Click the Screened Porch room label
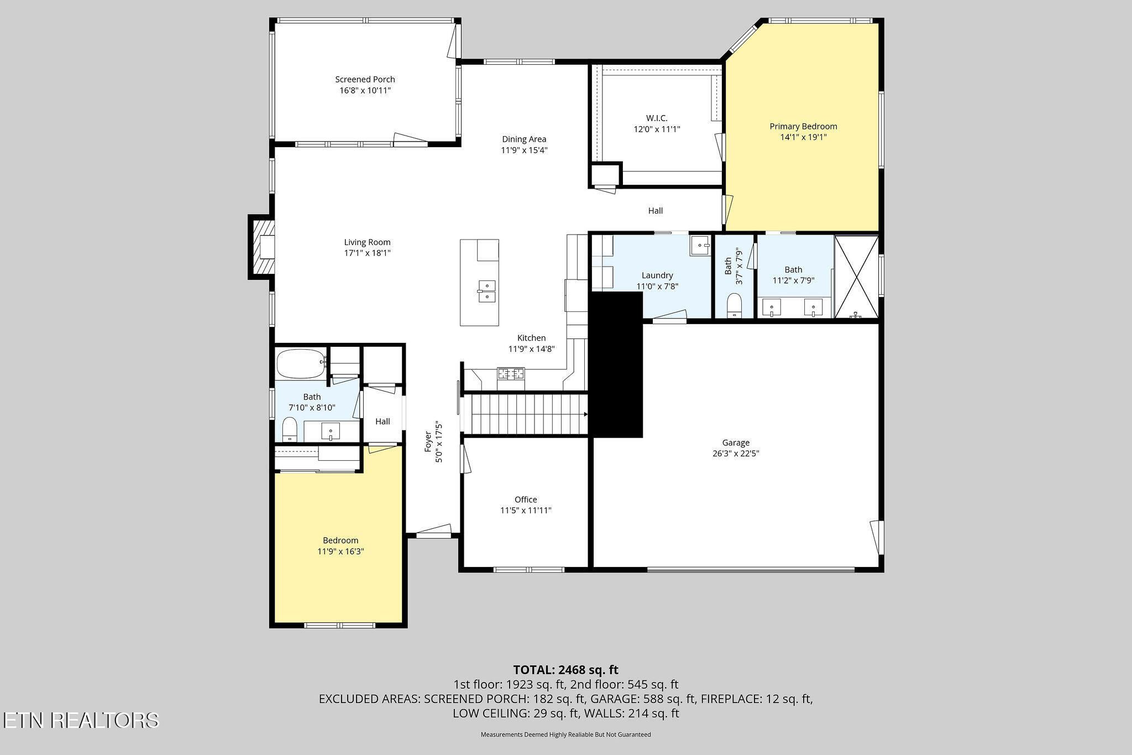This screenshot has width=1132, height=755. click(365, 79)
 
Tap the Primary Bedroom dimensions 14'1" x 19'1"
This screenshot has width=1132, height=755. click(803, 137)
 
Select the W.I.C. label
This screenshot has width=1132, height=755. click(657, 118)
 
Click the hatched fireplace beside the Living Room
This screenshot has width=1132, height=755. click(261, 247)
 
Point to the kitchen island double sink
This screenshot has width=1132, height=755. click(487, 291)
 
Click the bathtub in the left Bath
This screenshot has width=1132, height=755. click(301, 363)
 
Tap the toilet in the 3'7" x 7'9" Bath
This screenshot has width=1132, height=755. click(734, 305)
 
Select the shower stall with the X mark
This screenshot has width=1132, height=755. click(856, 277)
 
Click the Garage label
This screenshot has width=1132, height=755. click(736, 442)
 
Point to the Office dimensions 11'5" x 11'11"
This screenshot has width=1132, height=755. click(526, 511)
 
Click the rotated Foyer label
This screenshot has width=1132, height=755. click(427, 442)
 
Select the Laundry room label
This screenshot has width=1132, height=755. click(657, 275)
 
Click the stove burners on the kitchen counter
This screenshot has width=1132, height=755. click(511, 373)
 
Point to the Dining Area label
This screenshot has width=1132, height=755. click(524, 139)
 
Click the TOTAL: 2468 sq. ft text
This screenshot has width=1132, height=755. click(565, 670)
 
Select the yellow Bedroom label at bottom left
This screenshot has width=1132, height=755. click(340, 540)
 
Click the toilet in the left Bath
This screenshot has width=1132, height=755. click(290, 430)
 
